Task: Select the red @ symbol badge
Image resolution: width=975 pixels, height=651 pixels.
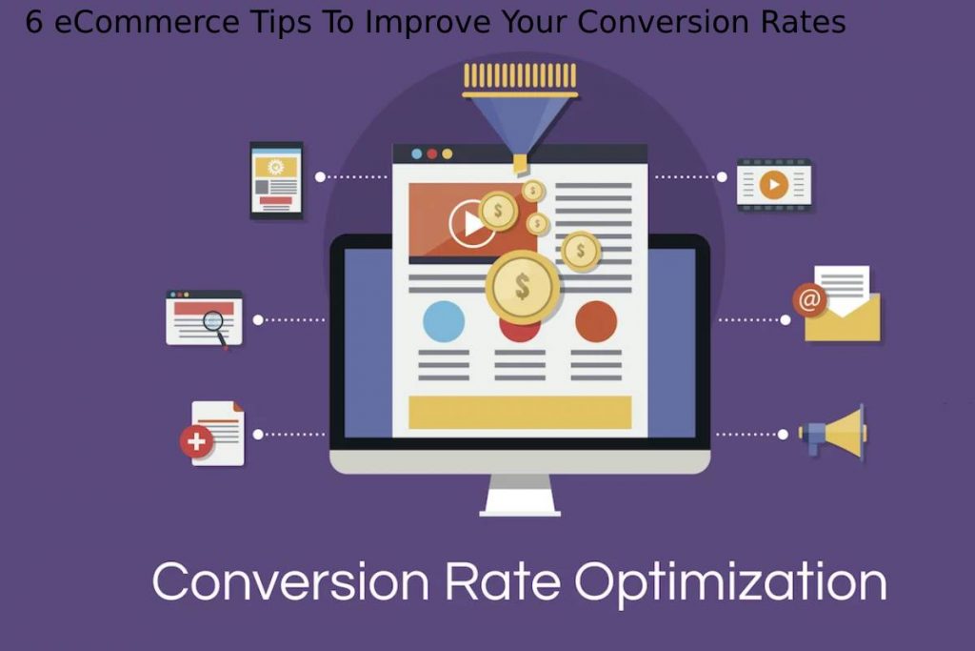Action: (x=809, y=300)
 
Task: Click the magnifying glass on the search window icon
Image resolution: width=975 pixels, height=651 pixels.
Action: (x=214, y=323)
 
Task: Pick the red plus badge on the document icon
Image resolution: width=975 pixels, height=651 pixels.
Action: (x=196, y=441)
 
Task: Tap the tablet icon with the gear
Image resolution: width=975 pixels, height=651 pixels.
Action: (x=276, y=180)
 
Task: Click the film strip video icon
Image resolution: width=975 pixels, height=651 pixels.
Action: (x=774, y=184)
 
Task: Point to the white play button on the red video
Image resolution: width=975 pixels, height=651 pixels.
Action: (x=470, y=224)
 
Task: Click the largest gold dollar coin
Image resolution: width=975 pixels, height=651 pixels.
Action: (x=522, y=285)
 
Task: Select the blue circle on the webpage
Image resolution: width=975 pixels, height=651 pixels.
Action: (x=444, y=321)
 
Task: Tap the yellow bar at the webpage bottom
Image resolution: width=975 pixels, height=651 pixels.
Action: (x=520, y=412)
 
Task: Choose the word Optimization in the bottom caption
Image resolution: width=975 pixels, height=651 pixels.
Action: (x=731, y=580)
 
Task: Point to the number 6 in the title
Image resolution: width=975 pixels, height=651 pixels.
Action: (x=34, y=22)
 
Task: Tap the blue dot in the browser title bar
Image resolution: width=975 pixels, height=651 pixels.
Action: (x=416, y=153)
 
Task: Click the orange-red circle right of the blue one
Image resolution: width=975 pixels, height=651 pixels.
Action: (x=596, y=321)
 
